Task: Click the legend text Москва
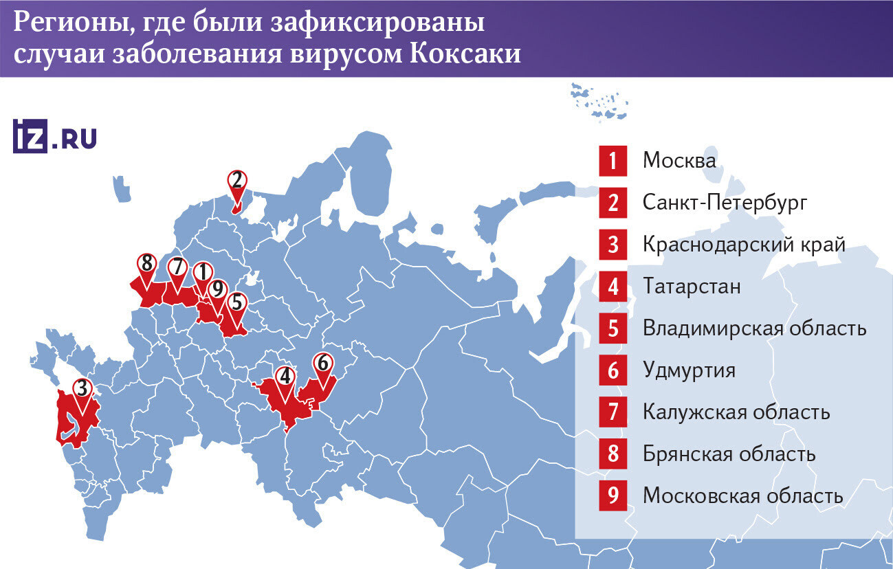[679, 161]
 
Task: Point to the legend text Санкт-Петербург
[724, 203]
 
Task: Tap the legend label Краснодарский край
[743, 245]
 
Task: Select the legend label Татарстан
[692, 287]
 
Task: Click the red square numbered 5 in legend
[613, 328]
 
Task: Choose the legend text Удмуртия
[689, 370]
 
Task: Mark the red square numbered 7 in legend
[613, 412]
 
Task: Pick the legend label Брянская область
[729, 454]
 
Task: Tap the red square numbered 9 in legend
[613, 496]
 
